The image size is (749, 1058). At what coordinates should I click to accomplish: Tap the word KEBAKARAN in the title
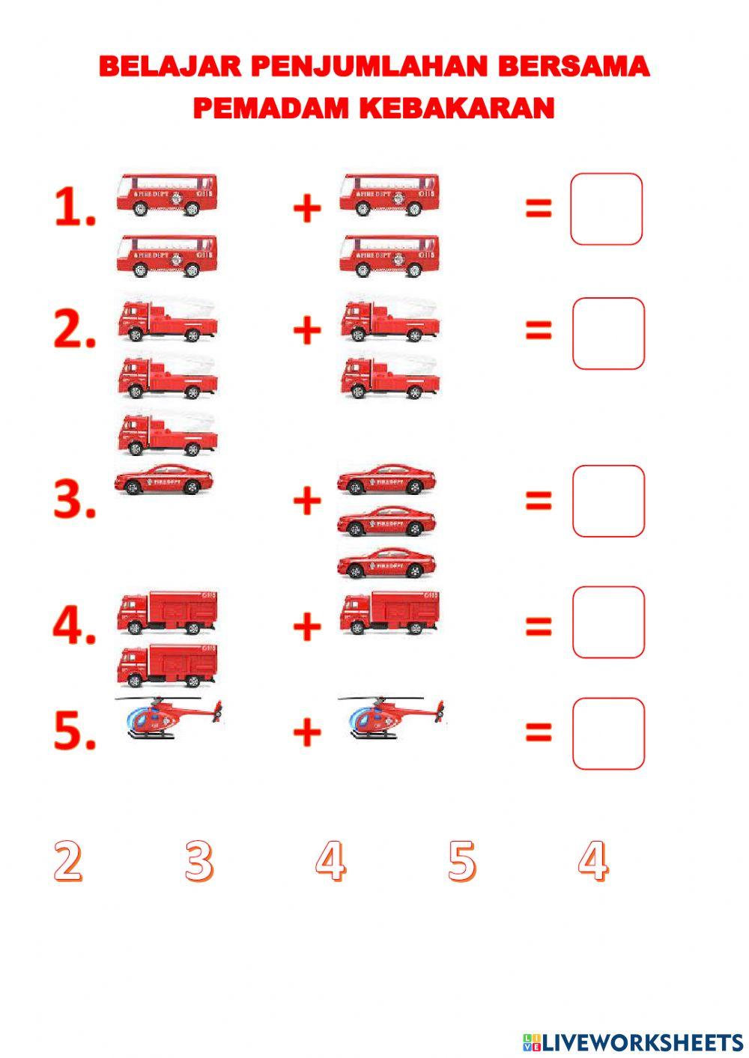pos(457,108)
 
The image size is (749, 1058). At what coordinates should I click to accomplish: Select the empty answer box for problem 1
pos(606,209)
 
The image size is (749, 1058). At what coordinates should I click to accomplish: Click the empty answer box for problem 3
pos(609,501)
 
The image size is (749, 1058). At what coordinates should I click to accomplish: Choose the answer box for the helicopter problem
pos(609,734)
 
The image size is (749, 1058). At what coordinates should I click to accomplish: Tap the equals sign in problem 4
pos(539,626)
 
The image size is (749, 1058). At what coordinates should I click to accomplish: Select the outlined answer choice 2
pos(68,860)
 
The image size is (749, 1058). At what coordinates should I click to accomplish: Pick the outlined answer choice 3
pos(199,860)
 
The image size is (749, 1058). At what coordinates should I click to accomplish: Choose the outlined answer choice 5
pos(461,860)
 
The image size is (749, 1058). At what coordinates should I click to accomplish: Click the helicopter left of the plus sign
pos(169,717)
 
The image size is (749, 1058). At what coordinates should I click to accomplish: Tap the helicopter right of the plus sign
pos(391,717)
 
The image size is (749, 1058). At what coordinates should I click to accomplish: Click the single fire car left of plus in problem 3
pos(163,479)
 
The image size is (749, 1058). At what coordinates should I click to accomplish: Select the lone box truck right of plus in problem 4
pos(390,612)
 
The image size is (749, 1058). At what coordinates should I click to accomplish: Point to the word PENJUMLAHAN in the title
pos(369,66)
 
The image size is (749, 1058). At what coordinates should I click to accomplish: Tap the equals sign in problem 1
pos(539,207)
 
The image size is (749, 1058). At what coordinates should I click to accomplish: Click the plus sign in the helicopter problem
pos(307,732)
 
